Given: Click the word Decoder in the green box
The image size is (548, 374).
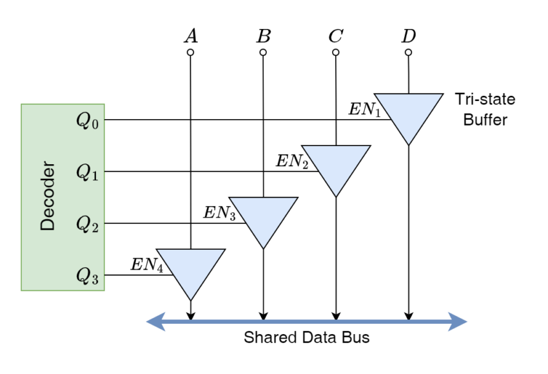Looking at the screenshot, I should pos(48,196).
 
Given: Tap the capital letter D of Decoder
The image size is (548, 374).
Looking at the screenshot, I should pos(48,224).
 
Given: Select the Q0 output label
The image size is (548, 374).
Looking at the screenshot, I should pos(88,121).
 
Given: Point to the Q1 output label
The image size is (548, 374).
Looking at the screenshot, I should pos(88,173).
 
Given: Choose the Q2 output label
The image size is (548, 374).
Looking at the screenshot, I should pos(88,224).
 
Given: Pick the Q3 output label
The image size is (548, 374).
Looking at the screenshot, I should pos(88,276).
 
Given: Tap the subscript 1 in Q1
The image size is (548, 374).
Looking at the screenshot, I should pos(95,176).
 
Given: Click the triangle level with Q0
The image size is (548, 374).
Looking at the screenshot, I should pos(409,113).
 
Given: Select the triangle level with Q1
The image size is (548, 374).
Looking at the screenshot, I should pos(336,164).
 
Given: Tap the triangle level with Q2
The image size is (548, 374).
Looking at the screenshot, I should pos(263,216).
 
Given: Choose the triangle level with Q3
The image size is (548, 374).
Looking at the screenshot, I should pos(191,268).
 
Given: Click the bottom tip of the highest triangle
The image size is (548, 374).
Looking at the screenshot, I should pos(409,142).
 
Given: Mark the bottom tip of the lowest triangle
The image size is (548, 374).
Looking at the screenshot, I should pos(191,297).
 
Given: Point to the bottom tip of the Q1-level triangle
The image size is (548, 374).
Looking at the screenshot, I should pos(336,194).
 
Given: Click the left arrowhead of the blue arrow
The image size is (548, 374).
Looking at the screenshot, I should pos(155,321).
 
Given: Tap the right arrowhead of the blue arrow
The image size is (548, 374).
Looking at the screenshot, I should pos(459,321).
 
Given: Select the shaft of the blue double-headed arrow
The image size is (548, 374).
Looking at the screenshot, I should pos(307,321).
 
